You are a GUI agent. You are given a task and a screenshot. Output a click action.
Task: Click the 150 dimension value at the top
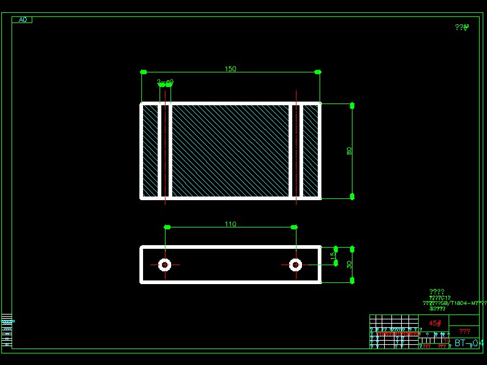230,69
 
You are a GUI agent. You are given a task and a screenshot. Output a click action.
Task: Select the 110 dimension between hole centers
230,224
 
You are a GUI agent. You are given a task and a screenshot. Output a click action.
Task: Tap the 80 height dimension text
349,151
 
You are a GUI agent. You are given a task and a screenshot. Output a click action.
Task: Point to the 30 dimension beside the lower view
349,265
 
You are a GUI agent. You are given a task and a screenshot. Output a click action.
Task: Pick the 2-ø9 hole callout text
165,82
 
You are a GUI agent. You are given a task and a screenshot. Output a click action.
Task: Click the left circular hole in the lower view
164,265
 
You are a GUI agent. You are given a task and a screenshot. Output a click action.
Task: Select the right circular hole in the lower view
295,265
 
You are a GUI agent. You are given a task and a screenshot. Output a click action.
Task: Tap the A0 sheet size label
22,19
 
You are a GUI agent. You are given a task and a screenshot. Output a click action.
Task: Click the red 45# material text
435,323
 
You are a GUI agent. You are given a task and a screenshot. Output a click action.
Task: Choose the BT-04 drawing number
469,343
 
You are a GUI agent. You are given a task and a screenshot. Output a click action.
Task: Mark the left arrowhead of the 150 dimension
144,72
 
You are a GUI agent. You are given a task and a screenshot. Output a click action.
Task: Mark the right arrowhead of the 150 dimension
317,72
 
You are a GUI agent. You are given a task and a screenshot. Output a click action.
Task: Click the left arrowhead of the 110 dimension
167,227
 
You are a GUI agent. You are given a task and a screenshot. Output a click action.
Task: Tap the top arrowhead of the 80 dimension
352,106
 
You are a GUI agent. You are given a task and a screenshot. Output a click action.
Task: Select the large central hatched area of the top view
230,151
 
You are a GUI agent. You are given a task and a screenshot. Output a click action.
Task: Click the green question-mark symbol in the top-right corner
462,27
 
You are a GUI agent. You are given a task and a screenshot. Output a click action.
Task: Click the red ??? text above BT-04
464,332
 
